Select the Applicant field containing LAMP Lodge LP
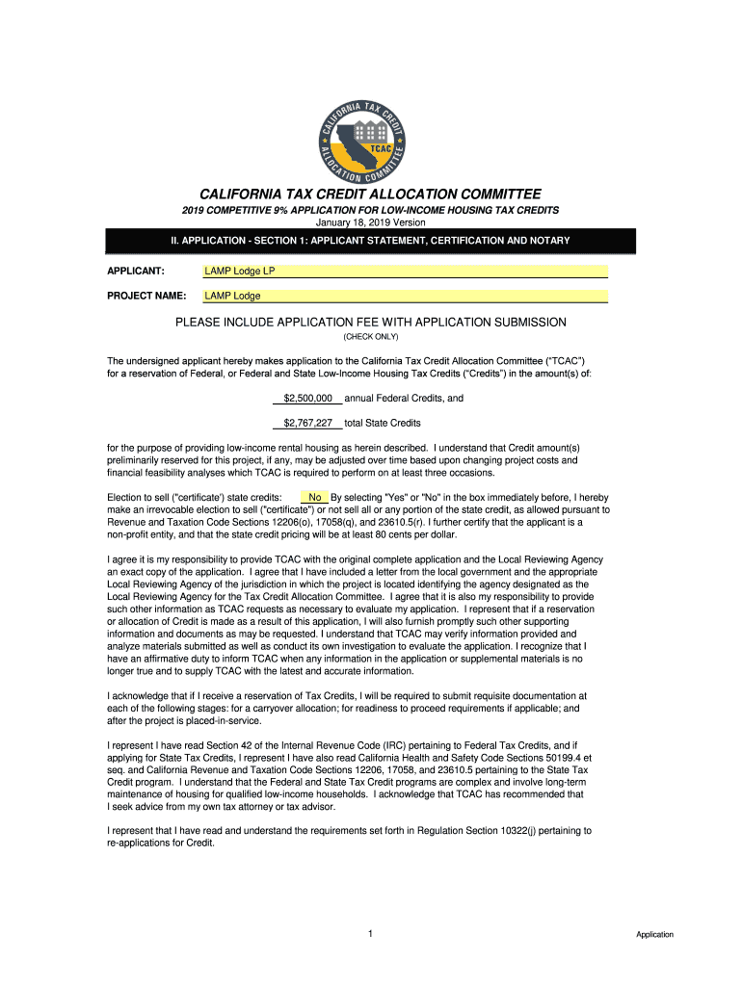click(x=405, y=271)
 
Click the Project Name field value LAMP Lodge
click(x=405, y=296)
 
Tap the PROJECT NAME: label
click(x=146, y=296)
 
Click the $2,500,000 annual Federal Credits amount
click(x=307, y=398)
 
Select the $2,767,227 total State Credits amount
click(x=307, y=423)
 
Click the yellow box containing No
click(x=314, y=497)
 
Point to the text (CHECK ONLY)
click(x=371, y=337)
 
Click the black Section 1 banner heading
click(x=371, y=241)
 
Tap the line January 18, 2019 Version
click(x=371, y=222)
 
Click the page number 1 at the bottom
click(x=370, y=934)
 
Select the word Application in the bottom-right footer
click(x=654, y=935)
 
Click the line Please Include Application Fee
click(x=371, y=322)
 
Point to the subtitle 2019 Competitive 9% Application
click(x=371, y=210)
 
